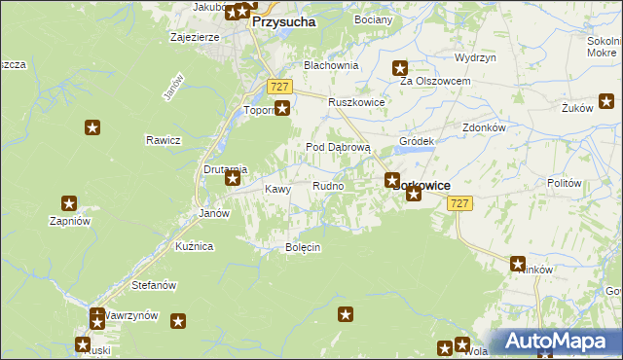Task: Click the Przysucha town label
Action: pyautogui.click(x=283, y=19)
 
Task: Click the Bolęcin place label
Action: pyautogui.click(x=302, y=248)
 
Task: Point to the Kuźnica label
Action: pyautogui.click(x=194, y=247)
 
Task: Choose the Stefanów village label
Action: pyautogui.click(x=154, y=285)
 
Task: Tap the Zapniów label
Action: pyautogui.click(x=70, y=221)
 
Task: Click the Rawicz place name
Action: pyautogui.click(x=164, y=140)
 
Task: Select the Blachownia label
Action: pyautogui.click(x=331, y=65)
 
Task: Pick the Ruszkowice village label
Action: pyautogui.click(x=356, y=102)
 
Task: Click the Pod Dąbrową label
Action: pyautogui.click(x=339, y=147)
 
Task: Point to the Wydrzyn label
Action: pyautogui.click(x=475, y=58)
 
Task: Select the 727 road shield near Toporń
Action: pyautogui.click(x=280, y=86)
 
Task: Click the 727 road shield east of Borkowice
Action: pyautogui.click(x=461, y=202)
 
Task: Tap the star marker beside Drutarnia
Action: pyautogui.click(x=233, y=178)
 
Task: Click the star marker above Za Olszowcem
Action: pyautogui.click(x=400, y=67)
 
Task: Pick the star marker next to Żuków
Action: pyautogui.click(x=605, y=99)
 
